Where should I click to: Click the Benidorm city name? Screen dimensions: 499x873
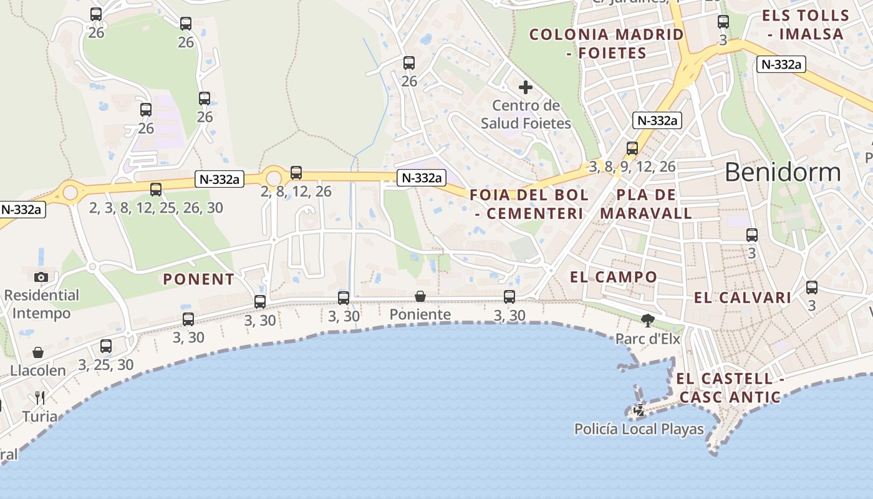(783, 172)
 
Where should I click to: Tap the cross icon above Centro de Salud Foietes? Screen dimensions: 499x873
(526, 87)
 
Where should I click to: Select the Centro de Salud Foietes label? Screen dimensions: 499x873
(526, 114)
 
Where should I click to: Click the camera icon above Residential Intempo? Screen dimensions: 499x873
(41, 276)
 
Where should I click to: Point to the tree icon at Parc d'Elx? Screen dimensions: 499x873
(648, 321)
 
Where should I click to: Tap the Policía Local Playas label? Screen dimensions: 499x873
(639, 429)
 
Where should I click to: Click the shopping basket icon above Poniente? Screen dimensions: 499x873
(420, 296)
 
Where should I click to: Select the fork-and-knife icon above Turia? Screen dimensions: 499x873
(40, 397)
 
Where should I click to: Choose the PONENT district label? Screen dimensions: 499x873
(198, 279)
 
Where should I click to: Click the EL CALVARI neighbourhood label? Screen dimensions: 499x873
(742, 298)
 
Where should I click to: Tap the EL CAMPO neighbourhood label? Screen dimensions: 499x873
(614, 277)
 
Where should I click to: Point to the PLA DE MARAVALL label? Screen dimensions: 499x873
(646, 204)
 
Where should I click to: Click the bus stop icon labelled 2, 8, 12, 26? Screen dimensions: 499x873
(296, 173)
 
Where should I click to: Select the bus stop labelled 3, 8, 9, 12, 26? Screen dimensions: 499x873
(632, 148)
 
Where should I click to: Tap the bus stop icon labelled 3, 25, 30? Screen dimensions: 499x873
(106, 346)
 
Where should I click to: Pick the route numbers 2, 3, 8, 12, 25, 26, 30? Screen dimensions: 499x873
(156, 208)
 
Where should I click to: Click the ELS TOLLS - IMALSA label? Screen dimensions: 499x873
(806, 25)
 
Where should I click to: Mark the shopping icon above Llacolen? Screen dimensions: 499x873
(38, 352)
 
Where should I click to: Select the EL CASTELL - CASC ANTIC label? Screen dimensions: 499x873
(730, 387)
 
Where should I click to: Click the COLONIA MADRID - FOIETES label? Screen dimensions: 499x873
(606, 44)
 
